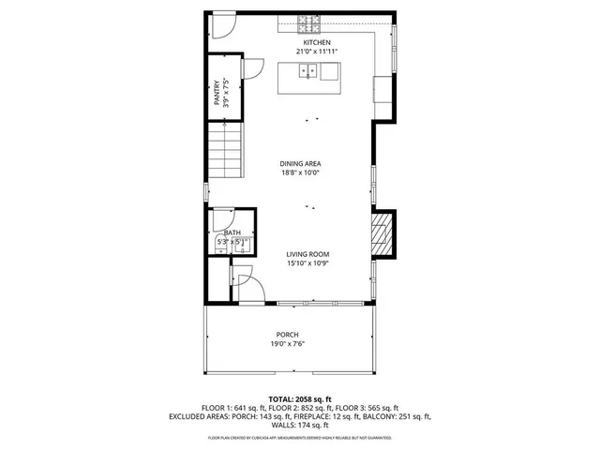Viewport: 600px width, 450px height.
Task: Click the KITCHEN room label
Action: [315, 43]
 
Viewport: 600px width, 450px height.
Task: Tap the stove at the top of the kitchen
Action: [308, 22]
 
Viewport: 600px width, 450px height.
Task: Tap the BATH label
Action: [232, 232]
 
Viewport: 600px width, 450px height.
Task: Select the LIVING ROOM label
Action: [307, 254]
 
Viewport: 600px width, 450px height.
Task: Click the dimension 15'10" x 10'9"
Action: [307, 263]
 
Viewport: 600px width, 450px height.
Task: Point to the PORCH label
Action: [287, 335]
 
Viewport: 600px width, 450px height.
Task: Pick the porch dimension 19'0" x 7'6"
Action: [287, 344]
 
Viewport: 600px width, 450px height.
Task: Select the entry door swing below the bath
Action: [242, 279]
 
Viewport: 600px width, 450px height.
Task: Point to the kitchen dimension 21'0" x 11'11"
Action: [315, 52]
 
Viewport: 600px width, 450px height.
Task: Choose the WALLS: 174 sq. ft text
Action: [300, 425]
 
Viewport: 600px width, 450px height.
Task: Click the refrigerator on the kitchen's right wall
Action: [382, 89]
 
